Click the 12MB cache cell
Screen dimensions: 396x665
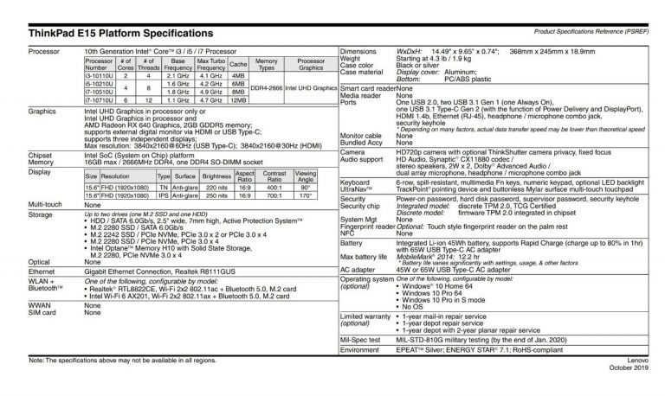tap(239, 99)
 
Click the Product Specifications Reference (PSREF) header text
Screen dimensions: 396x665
tap(592, 31)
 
